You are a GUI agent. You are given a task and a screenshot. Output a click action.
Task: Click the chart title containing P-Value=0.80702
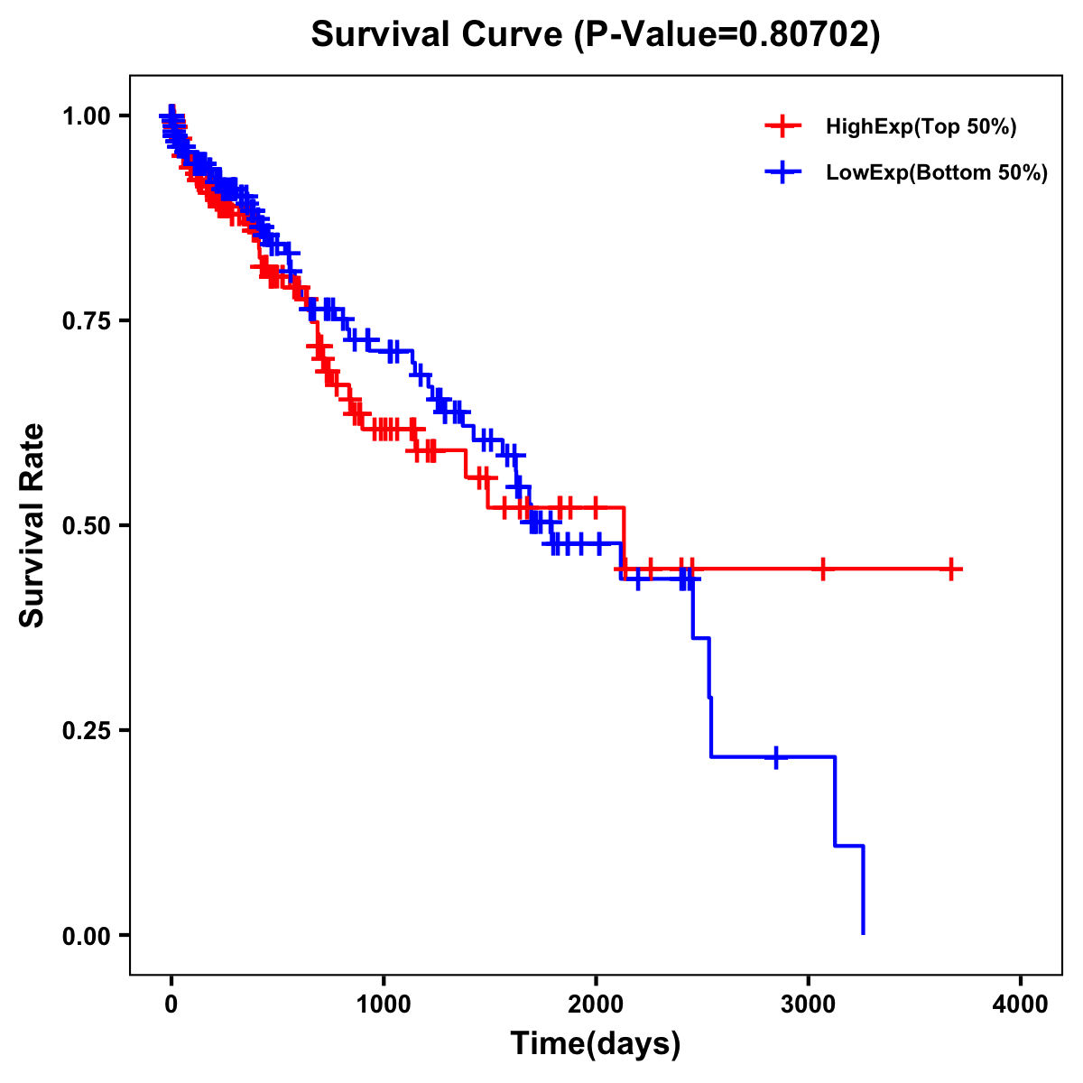(596, 34)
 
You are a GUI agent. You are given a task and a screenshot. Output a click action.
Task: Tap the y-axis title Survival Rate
(32, 525)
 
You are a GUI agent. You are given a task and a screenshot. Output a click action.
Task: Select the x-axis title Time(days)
(596, 1043)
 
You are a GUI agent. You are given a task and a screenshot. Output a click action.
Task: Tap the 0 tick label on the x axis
(171, 1004)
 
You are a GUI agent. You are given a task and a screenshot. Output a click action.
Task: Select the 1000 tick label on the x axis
(384, 1004)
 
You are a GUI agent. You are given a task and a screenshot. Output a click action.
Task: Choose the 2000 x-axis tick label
(596, 1004)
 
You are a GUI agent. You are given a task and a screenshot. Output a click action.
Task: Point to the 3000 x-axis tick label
(809, 1004)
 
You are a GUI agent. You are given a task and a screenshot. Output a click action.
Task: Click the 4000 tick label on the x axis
(1021, 1004)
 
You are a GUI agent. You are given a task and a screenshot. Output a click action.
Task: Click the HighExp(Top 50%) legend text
(921, 127)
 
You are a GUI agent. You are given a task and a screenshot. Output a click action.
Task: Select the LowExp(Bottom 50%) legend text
(937, 172)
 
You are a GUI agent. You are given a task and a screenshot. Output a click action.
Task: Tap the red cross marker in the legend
(782, 126)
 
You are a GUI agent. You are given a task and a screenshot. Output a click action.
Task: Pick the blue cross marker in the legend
(782, 172)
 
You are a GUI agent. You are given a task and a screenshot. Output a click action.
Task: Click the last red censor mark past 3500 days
(951, 569)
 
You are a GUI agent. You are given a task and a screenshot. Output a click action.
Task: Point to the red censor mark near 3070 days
(822, 569)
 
